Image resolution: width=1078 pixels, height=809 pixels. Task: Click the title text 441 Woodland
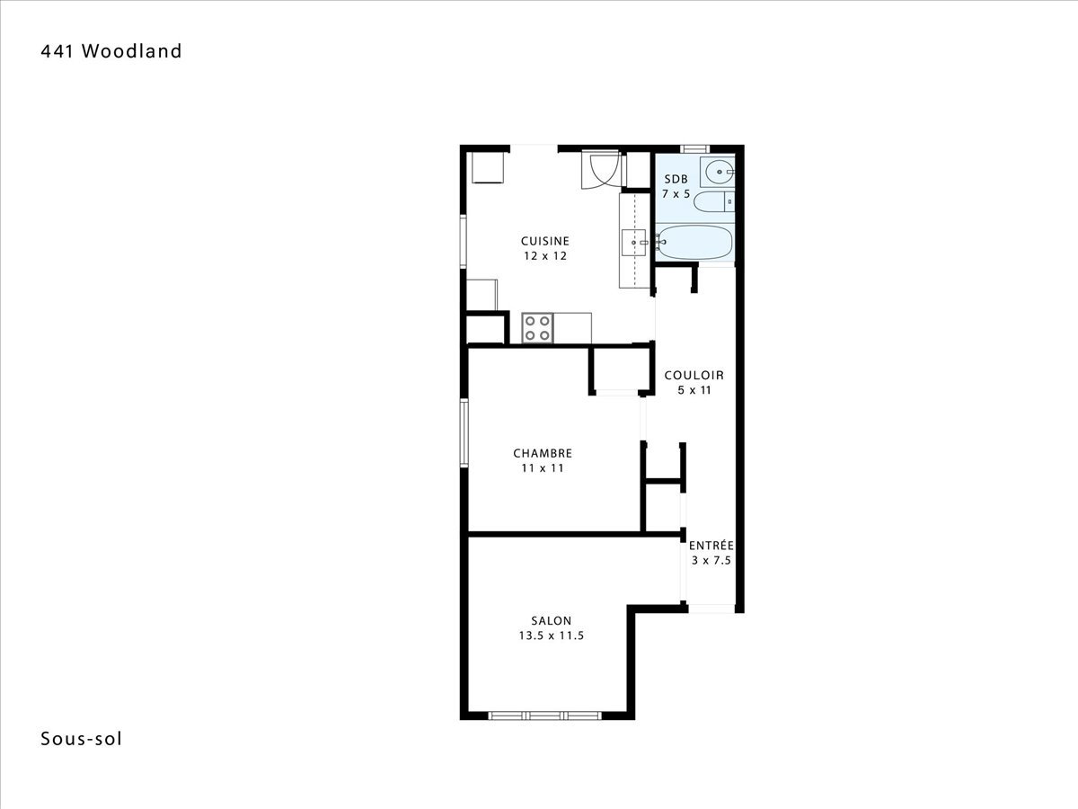(111, 51)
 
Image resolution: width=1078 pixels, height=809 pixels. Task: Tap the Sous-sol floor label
(81, 739)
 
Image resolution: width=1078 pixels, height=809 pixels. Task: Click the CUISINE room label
(545, 241)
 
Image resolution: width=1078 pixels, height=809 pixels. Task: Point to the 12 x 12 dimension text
(545, 256)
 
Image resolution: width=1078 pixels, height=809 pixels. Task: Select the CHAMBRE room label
(543, 453)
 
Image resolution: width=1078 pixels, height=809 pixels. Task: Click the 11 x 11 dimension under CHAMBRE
(543, 468)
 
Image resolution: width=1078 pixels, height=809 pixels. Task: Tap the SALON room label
(551, 620)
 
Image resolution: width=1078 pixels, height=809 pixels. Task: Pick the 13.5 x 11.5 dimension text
(551, 636)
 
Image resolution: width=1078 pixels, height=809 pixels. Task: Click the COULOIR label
(694, 375)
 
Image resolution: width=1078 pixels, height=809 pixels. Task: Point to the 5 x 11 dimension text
(694, 390)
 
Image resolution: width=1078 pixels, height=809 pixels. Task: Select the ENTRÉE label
(711, 546)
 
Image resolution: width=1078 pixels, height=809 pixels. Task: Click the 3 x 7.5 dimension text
(711, 560)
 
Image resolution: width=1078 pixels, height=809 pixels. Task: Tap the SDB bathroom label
(676, 179)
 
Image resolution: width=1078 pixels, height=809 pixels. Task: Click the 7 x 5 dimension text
(676, 194)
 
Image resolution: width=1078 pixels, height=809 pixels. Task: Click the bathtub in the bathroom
(694, 242)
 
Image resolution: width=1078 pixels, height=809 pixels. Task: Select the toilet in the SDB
(714, 202)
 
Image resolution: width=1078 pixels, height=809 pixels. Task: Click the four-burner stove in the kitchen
(537, 328)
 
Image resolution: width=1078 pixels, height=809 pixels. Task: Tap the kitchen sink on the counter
(634, 243)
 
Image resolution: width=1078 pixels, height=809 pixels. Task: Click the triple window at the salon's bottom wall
(544, 716)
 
